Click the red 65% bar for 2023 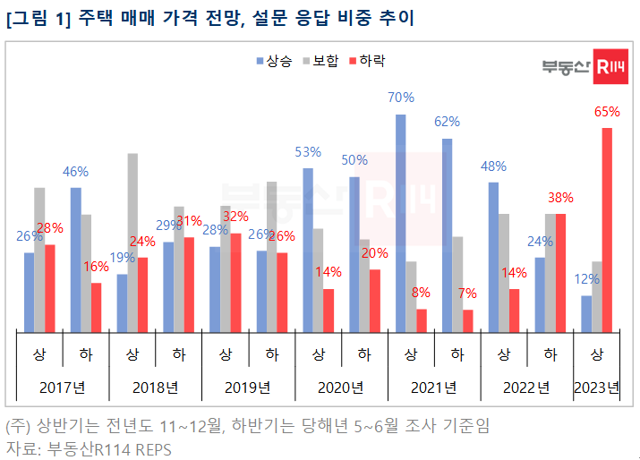click(x=607, y=228)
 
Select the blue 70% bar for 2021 click(x=400, y=222)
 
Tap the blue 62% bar click(x=447, y=234)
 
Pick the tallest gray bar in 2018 click(x=132, y=241)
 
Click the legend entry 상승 click(x=275, y=62)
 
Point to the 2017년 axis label click(x=62, y=388)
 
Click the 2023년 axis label click(x=597, y=388)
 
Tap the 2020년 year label click(x=340, y=388)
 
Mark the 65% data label click(x=607, y=112)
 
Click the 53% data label click(x=308, y=152)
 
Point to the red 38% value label click(x=560, y=198)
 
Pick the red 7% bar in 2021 click(x=467, y=319)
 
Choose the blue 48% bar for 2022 click(x=493, y=255)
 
